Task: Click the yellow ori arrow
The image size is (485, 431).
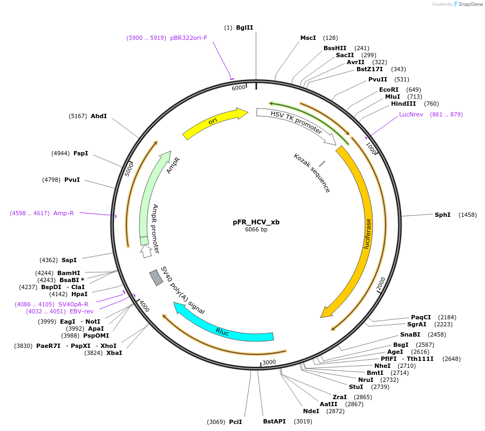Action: [214, 122]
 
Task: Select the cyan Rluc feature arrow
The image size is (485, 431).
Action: [223, 331]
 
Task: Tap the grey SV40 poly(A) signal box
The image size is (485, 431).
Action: [156, 277]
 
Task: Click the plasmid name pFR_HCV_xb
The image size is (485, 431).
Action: [256, 222]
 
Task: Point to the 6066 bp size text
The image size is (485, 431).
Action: [256, 229]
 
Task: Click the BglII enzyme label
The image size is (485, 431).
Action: [244, 28]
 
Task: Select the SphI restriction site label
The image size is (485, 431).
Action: [442, 215]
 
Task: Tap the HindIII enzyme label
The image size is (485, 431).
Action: [403, 104]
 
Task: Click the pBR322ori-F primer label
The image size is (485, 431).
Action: [188, 38]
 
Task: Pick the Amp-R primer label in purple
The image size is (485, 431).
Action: [63, 213]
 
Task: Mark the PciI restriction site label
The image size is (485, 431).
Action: [235, 421]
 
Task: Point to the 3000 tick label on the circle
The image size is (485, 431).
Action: [269, 362]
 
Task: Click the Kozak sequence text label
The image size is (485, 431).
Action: [312, 173]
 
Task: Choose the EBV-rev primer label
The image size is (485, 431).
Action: [82, 311]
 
